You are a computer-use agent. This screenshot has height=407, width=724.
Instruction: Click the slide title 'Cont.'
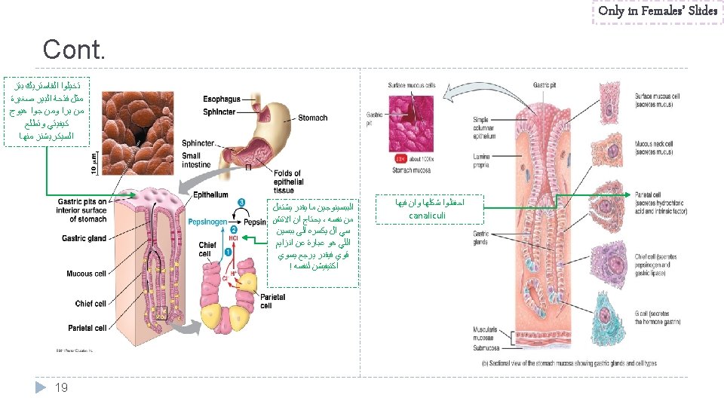click(75, 50)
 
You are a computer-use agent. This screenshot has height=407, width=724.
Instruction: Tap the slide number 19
click(62, 387)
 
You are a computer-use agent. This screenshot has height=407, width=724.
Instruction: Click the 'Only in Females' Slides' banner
click(657, 11)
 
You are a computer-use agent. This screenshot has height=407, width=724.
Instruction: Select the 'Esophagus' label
click(222, 99)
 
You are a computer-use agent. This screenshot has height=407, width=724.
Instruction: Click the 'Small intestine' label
click(197, 160)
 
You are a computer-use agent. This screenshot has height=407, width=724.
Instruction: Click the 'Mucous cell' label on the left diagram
click(90, 274)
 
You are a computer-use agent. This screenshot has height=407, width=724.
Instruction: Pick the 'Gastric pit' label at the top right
click(545, 86)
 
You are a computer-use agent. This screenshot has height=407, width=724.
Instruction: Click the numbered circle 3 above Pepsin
click(240, 202)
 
